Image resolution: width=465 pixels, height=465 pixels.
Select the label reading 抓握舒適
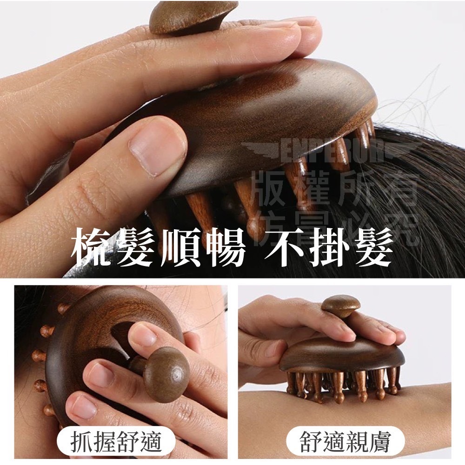(x=116, y=442)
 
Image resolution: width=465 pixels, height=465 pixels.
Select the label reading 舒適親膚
(x=344, y=442)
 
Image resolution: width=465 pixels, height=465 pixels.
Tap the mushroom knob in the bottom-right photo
(x=340, y=305)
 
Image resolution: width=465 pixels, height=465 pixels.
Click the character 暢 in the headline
(x=223, y=246)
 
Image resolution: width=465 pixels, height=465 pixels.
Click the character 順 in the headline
(x=179, y=246)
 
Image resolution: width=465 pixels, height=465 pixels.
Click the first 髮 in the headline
(x=135, y=246)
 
